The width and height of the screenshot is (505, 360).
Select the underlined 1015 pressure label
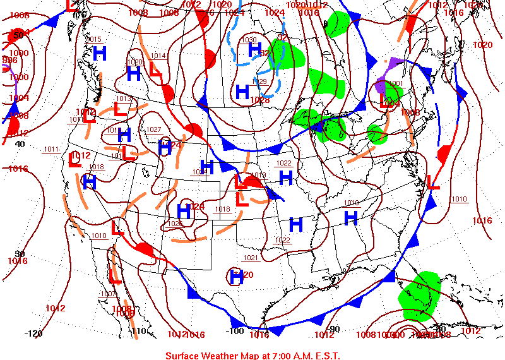[93, 40]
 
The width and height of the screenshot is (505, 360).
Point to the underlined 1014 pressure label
[158, 56]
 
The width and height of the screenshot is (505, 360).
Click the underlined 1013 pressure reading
[123, 99]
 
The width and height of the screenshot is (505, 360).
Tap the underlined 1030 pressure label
[249, 40]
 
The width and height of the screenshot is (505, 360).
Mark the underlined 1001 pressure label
[395, 83]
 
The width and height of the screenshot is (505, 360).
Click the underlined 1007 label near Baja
[108, 294]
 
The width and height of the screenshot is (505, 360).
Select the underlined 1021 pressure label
[251, 258]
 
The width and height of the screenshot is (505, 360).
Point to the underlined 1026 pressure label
[175, 224]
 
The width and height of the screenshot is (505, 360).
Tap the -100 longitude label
[235, 331]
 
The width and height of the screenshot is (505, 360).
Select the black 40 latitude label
[20, 144]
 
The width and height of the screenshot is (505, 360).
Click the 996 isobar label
[9, 60]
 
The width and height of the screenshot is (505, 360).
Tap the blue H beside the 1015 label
[98, 53]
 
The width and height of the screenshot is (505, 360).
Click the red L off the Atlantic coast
[432, 182]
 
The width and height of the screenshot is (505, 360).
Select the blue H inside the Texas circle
[237, 275]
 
